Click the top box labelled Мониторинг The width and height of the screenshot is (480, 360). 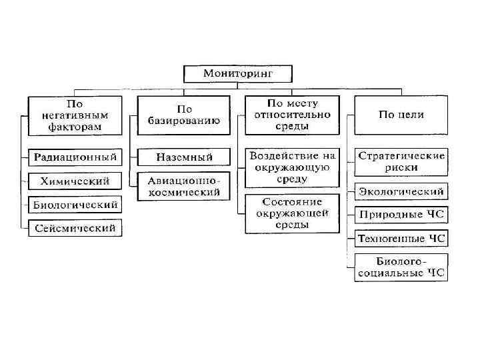238,73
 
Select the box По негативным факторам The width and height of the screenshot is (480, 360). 75,115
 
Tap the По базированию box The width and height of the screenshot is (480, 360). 184,115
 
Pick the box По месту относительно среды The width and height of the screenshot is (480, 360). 293,115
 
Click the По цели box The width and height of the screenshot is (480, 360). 401,115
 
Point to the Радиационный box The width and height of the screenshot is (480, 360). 75,157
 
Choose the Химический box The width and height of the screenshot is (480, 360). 75,181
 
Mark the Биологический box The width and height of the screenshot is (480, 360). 75,204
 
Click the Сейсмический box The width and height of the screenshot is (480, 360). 75,228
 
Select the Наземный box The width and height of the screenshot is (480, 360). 184,157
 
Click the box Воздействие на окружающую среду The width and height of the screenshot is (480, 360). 293,167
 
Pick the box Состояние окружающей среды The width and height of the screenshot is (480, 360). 293,213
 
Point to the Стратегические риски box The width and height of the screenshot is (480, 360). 401,161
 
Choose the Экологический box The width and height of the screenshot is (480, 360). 401,191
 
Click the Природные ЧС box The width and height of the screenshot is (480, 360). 401,215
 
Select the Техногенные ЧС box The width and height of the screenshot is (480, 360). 401,238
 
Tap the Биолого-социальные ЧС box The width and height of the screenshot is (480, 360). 401,266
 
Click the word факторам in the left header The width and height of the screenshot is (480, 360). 75,126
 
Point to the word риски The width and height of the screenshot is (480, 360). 401,167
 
